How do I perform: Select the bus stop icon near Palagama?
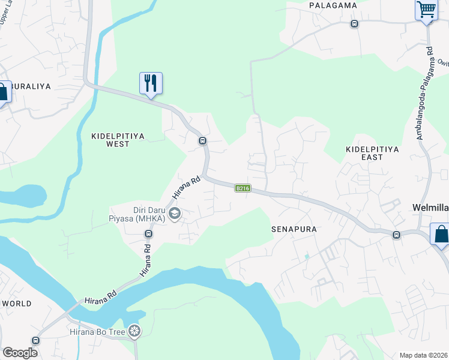pyautogui.click(x=354, y=24)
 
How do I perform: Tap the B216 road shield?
pyautogui.click(x=243, y=188)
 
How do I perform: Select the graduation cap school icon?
pyautogui.click(x=175, y=214)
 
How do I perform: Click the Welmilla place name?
pyautogui.click(x=430, y=208)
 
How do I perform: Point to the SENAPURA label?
pyautogui.click(x=294, y=229)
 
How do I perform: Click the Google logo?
pyautogui.click(x=20, y=352)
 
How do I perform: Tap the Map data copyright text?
pyautogui.click(x=424, y=355)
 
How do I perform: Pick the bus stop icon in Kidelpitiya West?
pyautogui.click(x=203, y=141)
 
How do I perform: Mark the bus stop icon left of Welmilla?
pyautogui.click(x=396, y=235)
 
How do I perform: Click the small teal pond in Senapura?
pyautogui.click(x=307, y=256)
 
